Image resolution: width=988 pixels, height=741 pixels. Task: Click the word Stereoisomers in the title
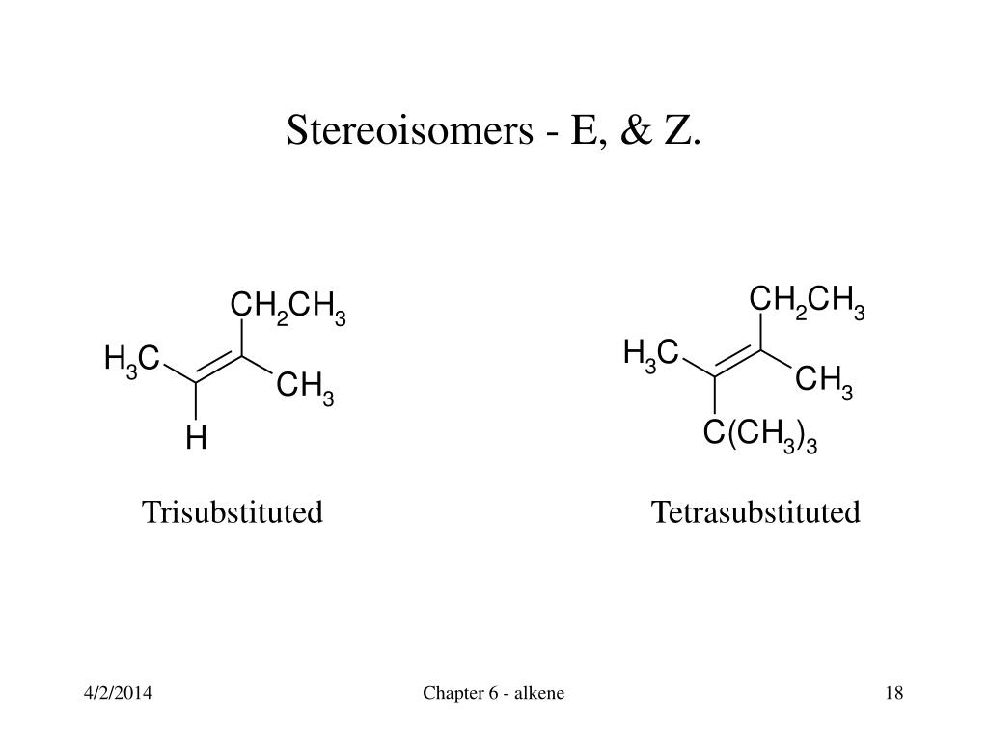pos(409,130)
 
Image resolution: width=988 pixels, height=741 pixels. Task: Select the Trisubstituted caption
pos(233,511)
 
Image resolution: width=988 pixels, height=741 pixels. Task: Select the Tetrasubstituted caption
pos(755,511)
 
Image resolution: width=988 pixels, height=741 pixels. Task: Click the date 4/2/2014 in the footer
pos(118,693)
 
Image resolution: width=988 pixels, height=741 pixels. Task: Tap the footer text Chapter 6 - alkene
pos(493,693)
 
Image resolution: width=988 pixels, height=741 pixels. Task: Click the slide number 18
pos(894,693)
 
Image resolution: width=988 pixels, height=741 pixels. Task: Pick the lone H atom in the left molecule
pos(196,437)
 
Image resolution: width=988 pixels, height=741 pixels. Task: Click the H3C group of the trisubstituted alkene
pos(132,361)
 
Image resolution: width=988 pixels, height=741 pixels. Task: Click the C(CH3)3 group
pos(760,436)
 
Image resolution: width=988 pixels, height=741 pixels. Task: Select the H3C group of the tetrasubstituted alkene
pos(651,355)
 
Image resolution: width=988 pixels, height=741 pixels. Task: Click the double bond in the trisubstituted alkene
pos(219,366)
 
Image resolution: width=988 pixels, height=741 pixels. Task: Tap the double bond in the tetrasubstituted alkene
pos(738,361)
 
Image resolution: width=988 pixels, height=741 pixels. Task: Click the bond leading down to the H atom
pos(196,400)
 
